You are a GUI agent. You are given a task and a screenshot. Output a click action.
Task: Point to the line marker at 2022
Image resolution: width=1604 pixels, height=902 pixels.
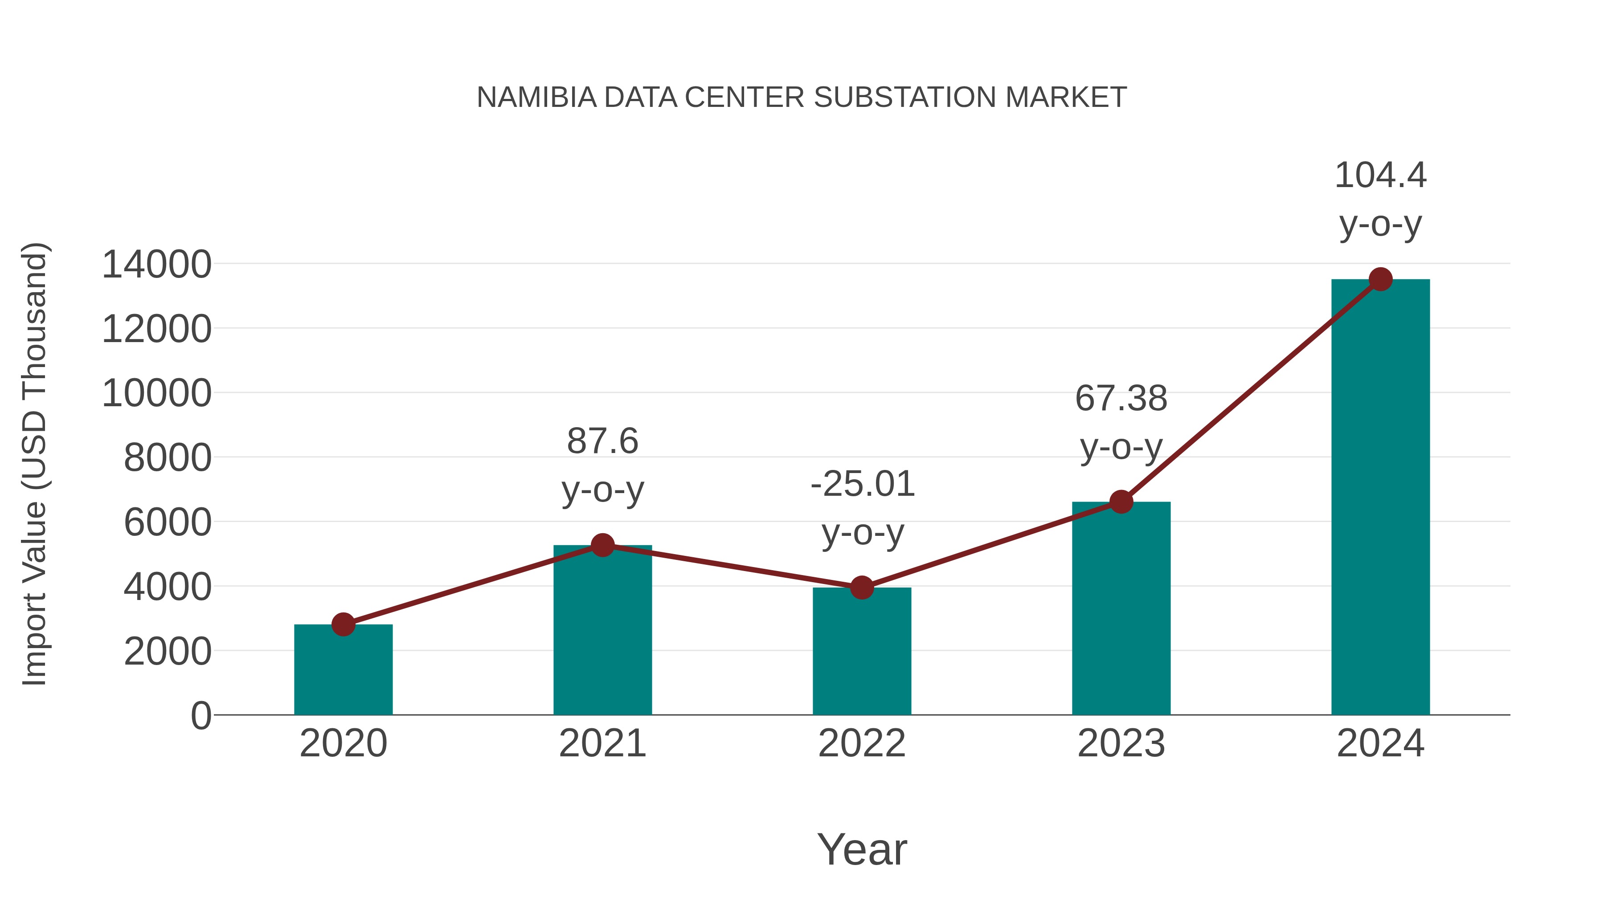coord(862,587)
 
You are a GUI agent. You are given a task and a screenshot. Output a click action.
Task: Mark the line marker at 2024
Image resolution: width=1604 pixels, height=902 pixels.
coord(1380,279)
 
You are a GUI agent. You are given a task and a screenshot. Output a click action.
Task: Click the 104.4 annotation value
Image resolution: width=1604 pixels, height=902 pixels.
coord(1380,175)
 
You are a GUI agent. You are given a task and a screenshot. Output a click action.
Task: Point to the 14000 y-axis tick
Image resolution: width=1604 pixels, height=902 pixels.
coord(156,264)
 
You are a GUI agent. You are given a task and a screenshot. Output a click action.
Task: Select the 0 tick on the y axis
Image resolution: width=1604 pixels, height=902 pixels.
coord(200,715)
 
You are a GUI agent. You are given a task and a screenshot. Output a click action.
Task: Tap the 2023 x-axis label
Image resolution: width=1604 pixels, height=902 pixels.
coord(1121,743)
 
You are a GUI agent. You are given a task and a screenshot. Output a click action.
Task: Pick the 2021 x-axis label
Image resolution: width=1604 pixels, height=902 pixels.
coord(602,743)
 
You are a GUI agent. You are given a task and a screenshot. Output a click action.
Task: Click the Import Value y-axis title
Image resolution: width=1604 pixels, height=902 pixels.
coord(34,464)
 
